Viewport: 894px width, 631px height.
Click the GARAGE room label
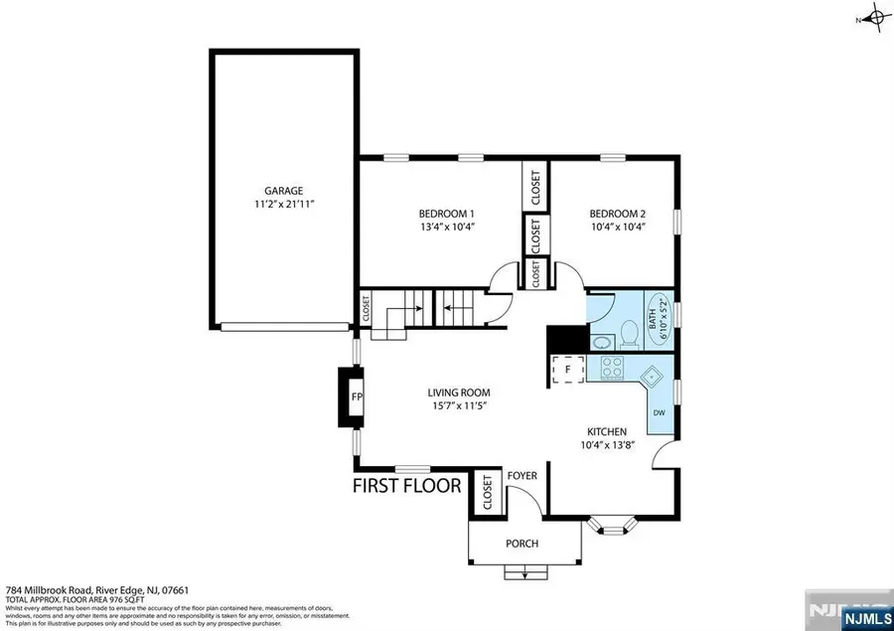[283, 190]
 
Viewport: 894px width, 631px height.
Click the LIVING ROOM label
[459, 393]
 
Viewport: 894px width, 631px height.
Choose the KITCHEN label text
[607, 431]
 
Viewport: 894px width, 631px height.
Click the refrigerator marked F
[566, 369]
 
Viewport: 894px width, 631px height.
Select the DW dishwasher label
[658, 412]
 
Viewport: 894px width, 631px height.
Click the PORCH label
[522, 544]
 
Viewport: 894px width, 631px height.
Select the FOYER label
[522, 476]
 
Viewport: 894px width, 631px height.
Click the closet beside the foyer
[487, 493]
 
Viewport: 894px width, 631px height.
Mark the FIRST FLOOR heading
[407, 486]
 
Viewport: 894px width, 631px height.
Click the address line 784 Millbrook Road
[87, 589]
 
